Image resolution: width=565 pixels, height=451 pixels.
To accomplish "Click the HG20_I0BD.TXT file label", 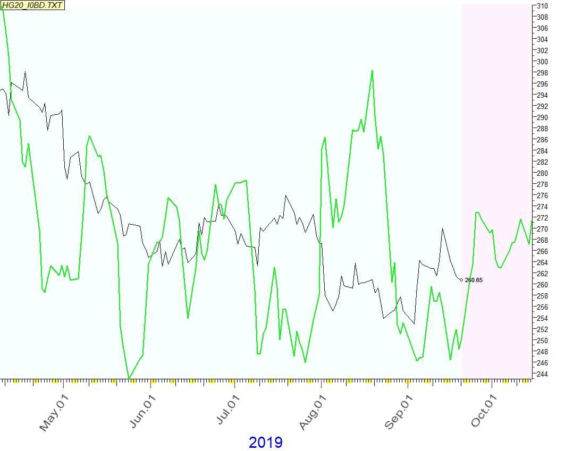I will pos(33,5).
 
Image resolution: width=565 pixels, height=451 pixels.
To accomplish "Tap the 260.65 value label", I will pos(474,280).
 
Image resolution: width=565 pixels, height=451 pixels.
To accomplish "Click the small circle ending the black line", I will pos(461,279).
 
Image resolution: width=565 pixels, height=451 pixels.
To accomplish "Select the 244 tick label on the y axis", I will pos(542,374).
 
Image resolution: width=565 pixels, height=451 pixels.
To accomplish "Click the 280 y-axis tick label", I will pos(542,173).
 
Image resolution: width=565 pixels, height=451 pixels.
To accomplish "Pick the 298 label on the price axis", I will pos(542,73).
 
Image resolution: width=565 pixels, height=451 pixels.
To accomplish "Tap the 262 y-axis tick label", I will pos(542,274).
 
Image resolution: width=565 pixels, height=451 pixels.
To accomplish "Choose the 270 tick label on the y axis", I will pos(542,229).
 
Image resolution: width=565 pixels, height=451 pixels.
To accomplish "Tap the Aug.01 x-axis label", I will pos(312,413).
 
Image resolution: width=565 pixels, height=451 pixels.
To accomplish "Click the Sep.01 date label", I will pos(399,413).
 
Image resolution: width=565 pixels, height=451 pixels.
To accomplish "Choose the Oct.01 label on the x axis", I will pos(484,413).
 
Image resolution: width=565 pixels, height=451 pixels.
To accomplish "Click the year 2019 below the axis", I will pos(265,442).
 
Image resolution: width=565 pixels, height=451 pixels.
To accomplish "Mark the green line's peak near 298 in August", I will pos(372,71).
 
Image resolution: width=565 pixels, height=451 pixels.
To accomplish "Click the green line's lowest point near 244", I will pos(129,378).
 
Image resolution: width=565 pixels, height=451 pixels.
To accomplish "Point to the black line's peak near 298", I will pos(25,72).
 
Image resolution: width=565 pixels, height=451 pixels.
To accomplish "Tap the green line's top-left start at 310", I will pos(3,7).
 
